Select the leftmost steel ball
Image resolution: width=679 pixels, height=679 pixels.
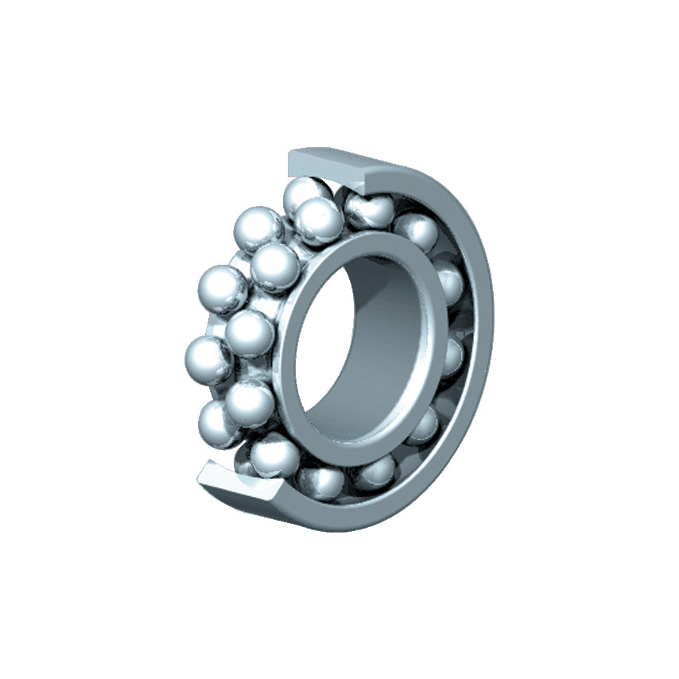point(208,359)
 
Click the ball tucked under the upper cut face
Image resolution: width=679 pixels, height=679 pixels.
point(368,209)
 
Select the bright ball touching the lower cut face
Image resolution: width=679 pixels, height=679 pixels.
point(274,454)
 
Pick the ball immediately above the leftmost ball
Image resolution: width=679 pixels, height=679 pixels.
point(220,289)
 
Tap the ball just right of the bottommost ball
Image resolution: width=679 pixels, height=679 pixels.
point(374,473)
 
